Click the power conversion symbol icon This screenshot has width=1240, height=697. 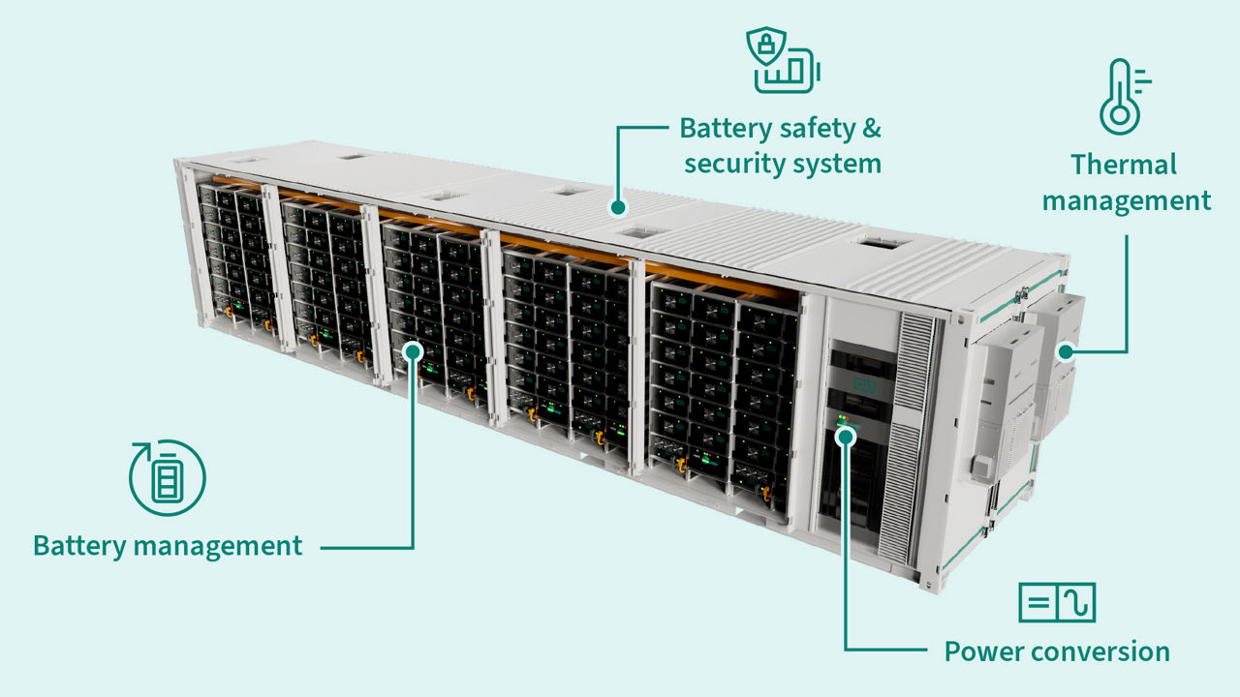click(x=1057, y=603)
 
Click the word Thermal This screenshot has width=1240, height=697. click(x=1124, y=165)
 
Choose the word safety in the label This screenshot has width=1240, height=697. click(x=809, y=128)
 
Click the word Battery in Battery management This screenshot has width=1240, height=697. click(x=79, y=545)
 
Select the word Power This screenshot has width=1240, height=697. click(x=982, y=652)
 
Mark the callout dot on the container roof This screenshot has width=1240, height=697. click(x=616, y=205)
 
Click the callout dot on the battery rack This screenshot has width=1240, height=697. click(x=413, y=349)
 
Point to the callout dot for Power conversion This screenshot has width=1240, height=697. click(x=845, y=437)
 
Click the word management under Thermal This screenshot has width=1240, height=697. click(x=1126, y=201)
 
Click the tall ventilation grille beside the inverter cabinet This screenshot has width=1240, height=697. click(x=915, y=426)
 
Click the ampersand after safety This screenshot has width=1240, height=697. click(x=869, y=128)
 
